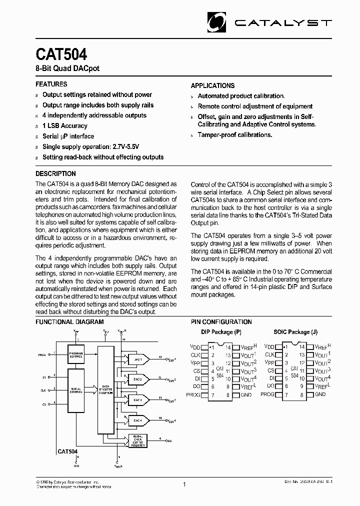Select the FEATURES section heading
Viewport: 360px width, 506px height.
51,84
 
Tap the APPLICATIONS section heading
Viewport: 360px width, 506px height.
212,85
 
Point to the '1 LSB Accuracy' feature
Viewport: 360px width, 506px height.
65,126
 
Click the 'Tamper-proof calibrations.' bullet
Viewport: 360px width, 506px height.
235,135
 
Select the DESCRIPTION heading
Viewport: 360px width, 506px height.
55,173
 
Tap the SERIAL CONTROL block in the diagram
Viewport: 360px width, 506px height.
75,391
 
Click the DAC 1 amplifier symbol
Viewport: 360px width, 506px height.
138,359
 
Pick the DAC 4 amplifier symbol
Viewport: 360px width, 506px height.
138,420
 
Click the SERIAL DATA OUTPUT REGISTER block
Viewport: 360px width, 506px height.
138,440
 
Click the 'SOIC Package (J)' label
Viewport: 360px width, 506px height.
295,332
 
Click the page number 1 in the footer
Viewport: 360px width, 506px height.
184,484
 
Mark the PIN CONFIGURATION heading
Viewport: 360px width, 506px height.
221,322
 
